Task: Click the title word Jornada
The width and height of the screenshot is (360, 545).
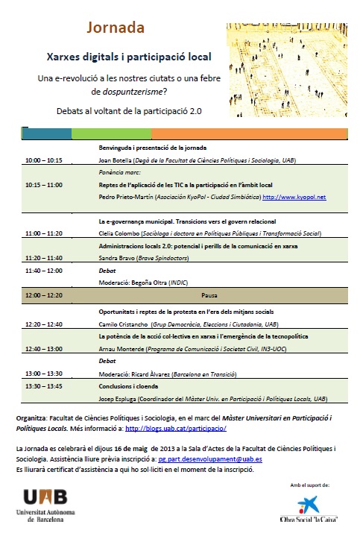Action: coord(115,28)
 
